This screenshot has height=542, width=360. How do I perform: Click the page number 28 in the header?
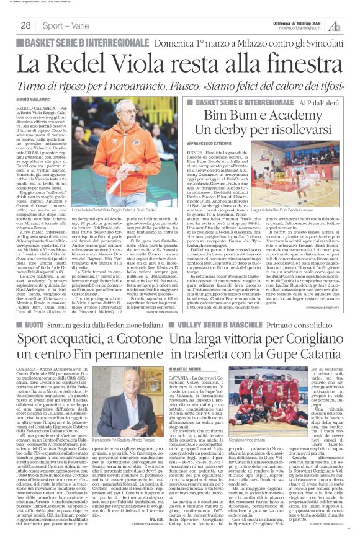[25, 25]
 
